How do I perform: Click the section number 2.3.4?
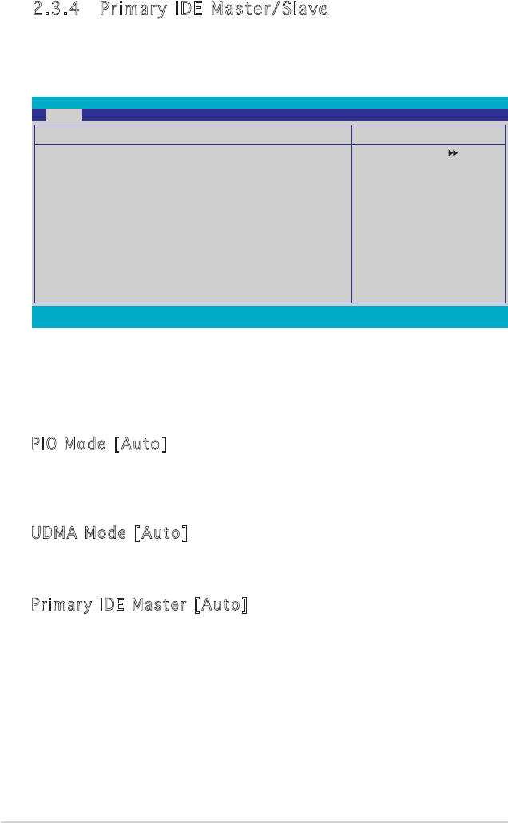(x=55, y=10)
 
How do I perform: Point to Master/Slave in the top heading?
(x=270, y=10)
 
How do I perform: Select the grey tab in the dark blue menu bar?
(x=63, y=114)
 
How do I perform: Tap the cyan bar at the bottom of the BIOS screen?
(x=269, y=317)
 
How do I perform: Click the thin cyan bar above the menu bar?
(x=269, y=103)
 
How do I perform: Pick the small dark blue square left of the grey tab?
(x=38, y=114)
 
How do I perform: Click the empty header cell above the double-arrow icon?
(x=428, y=133)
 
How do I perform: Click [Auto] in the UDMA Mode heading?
(x=161, y=532)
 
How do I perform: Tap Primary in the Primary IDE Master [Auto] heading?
(x=62, y=606)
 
